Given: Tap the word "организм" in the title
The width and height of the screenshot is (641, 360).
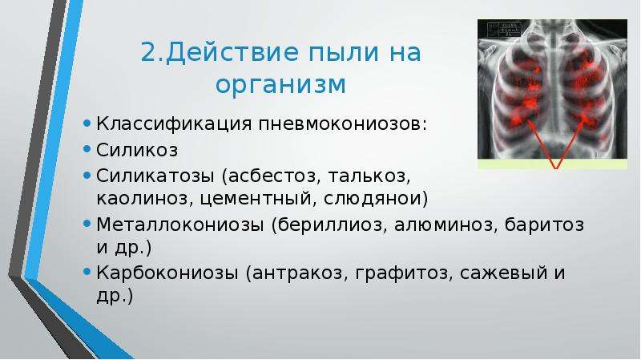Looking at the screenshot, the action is (x=280, y=84).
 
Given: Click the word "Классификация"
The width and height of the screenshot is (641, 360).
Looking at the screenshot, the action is (x=174, y=123).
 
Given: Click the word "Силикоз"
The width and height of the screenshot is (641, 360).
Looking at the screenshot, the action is (x=137, y=150).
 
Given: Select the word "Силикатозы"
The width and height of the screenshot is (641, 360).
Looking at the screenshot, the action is (x=155, y=176).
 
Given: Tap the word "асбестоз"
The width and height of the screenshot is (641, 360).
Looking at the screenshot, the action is (x=271, y=176).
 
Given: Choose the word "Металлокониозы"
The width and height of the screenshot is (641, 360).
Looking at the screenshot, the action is (x=179, y=224).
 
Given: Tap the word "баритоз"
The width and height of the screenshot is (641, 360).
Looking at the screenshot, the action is (x=544, y=224).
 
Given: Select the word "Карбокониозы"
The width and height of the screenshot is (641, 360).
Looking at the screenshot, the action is (x=167, y=273).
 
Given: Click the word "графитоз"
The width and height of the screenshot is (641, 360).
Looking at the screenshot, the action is (x=402, y=273).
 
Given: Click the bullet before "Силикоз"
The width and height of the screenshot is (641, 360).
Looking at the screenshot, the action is (x=87, y=149).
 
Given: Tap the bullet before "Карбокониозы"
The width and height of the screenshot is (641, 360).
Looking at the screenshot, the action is (x=87, y=272).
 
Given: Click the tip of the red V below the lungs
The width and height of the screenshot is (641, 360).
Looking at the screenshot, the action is (x=556, y=168).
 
